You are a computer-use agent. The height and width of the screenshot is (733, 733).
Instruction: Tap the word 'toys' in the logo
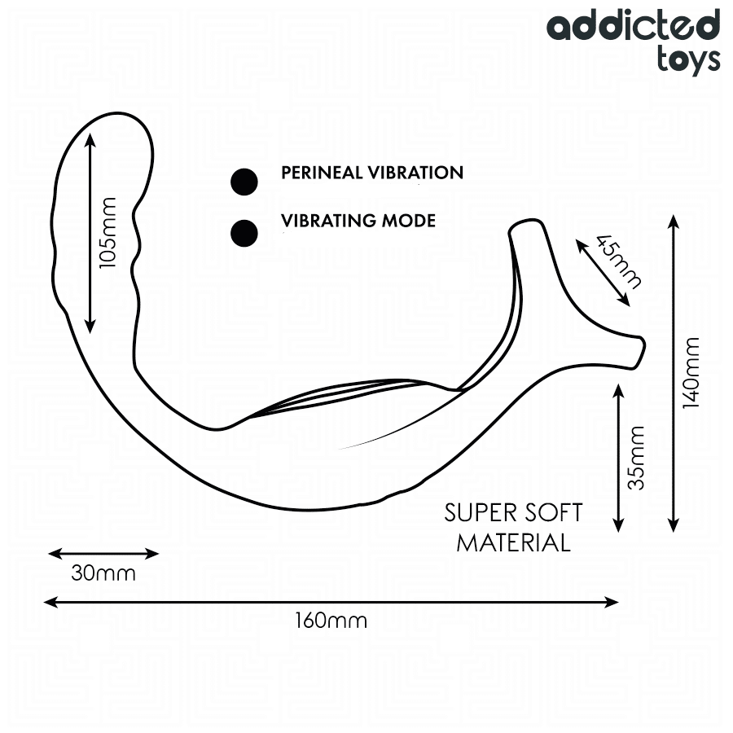(x=688, y=58)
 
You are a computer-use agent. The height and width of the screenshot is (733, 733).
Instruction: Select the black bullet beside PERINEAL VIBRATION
(x=244, y=182)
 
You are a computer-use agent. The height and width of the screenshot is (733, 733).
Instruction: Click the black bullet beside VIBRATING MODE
(x=244, y=233)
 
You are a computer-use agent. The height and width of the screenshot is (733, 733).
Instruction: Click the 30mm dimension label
(x=103, y=573)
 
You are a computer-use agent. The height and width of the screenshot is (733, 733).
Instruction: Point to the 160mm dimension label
(x=331, y=621)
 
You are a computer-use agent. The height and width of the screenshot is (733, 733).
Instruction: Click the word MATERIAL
(x=513, y=542)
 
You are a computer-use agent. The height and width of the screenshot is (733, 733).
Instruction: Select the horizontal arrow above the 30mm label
(x=103, y=554)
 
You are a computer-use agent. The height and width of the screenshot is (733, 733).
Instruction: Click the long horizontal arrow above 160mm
(x=331, y=602)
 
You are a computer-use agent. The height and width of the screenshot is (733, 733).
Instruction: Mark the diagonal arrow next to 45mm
(x=602, y=272)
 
